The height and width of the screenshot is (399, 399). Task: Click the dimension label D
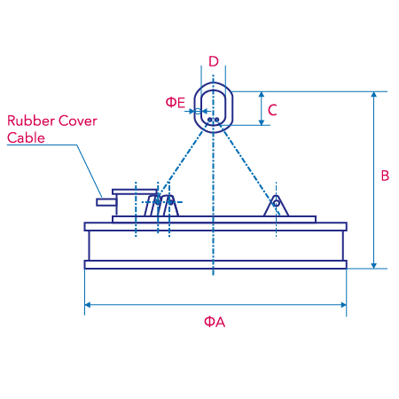214,61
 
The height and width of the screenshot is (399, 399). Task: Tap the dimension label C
272,110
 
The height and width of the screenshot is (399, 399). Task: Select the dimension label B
385,176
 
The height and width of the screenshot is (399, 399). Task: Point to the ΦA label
215,322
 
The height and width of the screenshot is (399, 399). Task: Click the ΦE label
176,103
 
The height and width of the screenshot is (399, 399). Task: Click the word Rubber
31,121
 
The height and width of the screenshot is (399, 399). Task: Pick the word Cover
78,121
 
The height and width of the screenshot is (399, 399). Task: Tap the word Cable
26,138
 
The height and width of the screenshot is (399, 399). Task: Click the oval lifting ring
195,107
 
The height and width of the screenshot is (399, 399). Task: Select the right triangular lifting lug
276,206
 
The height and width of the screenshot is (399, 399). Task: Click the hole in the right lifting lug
276,203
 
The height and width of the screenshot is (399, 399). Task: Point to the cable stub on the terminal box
106,202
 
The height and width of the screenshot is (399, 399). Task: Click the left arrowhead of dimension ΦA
88,305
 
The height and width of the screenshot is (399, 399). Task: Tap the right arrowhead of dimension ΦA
343,305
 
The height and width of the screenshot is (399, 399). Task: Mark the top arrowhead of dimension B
374,95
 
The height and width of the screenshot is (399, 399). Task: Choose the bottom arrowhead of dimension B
374,265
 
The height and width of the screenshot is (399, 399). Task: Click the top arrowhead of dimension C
262,95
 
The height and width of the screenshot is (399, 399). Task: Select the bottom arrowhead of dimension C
262,122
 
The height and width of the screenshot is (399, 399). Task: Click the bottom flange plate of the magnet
215,264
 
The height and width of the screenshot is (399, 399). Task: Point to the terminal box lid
135,192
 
